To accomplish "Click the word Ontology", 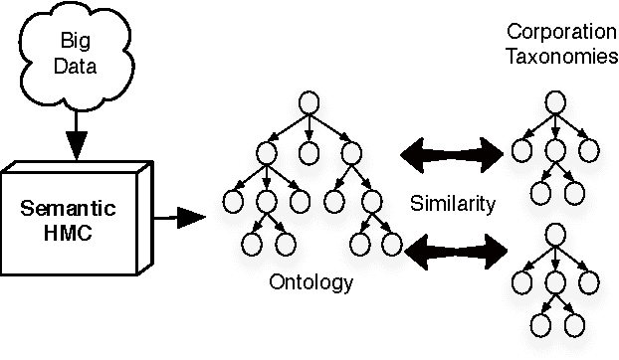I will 311,282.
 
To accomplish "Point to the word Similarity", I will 453,204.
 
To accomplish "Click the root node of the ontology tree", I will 309,102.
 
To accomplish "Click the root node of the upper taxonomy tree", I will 554,103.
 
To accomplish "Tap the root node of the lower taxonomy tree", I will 554,236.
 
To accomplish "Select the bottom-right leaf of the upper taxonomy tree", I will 572,191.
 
